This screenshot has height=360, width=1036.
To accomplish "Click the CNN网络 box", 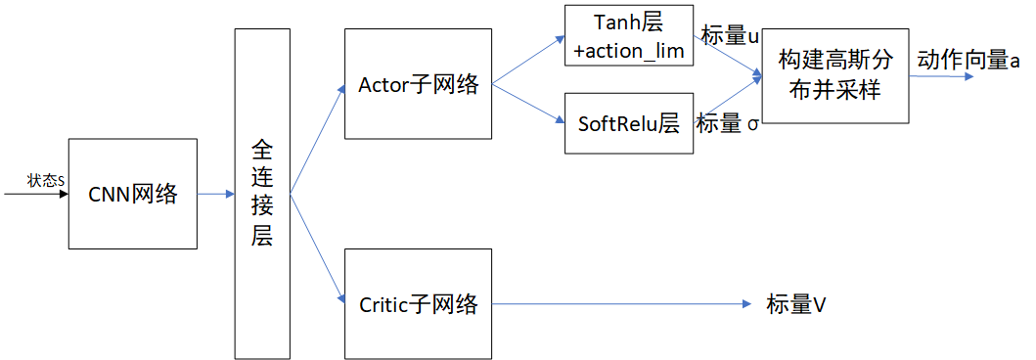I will click(132, 194).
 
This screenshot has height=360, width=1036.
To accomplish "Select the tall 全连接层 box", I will click(262, 194).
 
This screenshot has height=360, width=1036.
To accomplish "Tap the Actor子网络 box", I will click(418, 84).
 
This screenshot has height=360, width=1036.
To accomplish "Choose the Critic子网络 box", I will click(418, 303).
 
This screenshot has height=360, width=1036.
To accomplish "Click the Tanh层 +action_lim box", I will click(630, 35).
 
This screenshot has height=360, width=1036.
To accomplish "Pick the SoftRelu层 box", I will click(630, 123).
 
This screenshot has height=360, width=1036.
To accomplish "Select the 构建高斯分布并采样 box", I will click(834, 74).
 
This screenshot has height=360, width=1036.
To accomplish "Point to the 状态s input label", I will click(46, 181).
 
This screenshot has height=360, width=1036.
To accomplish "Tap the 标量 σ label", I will click(728, 124).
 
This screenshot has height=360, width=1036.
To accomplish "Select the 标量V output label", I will click(796, 304).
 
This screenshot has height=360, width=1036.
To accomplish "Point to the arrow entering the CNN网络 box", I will click(36, 194).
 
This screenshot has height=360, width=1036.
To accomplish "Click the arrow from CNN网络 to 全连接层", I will click(215, 194).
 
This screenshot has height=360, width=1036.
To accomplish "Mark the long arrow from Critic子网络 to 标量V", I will click(626, 304).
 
